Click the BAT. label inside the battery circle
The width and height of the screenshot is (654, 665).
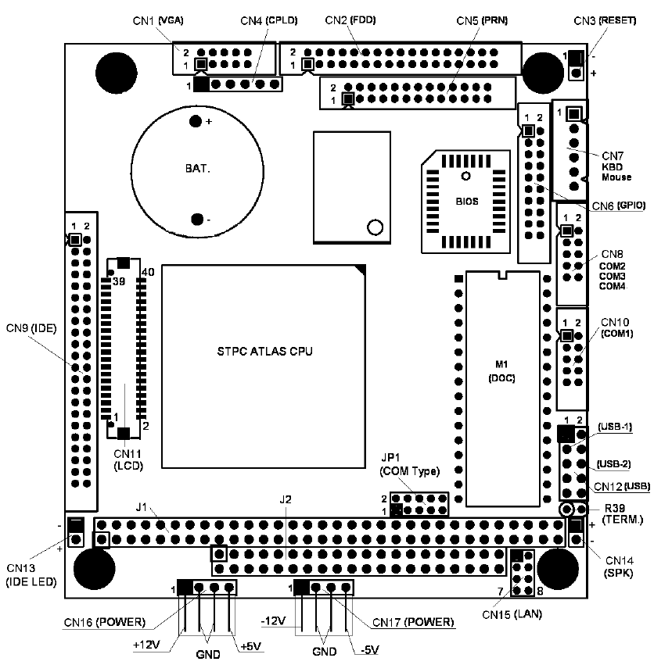point(197,168)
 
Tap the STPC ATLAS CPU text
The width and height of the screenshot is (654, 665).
point(264,351)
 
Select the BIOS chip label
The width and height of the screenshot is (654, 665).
point(467,202)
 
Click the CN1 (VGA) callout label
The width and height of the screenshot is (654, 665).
point(158,20)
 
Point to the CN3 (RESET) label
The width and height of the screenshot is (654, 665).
point(605,20)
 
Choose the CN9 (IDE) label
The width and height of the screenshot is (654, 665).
point(31,328)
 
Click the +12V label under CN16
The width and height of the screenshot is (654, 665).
point(146,645)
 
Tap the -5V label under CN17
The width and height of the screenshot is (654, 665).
point(369,649)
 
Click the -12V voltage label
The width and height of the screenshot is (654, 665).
point(273,621)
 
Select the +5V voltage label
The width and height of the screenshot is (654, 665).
point(250,646)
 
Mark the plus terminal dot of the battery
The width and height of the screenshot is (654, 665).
point(196,121)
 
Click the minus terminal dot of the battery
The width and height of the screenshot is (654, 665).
point(197,220)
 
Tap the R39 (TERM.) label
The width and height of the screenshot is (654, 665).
point(622,513)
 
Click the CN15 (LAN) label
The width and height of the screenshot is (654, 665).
point(512,613)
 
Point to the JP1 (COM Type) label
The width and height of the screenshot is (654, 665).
point(410,464)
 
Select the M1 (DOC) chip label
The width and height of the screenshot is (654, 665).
point(501,371)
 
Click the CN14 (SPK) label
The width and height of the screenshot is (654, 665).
point(619,567)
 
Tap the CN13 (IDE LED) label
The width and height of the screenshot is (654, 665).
point(31,575)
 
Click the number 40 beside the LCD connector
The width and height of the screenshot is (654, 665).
point(148,272)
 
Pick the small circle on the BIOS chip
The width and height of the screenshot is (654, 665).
point(466,176)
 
